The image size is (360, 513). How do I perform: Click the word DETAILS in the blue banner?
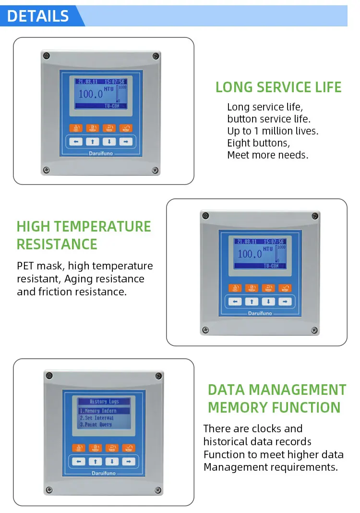(x=38, y=16)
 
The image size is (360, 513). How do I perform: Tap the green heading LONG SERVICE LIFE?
(x=278, y=87)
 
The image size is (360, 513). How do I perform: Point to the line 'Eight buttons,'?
(x=258, y=143)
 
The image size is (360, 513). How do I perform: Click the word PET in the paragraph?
(x=26, y=266)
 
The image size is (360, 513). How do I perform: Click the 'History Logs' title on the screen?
(x=104, y=402)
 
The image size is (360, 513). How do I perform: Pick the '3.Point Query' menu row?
(x=96, y=425)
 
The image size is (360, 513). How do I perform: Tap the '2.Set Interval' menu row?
(x=96, y=418)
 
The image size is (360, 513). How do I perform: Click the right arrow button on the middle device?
(x=285, y=302)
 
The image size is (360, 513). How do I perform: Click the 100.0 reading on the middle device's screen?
(x=250, y=254)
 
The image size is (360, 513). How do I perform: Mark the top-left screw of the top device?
(x=46, y=56)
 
